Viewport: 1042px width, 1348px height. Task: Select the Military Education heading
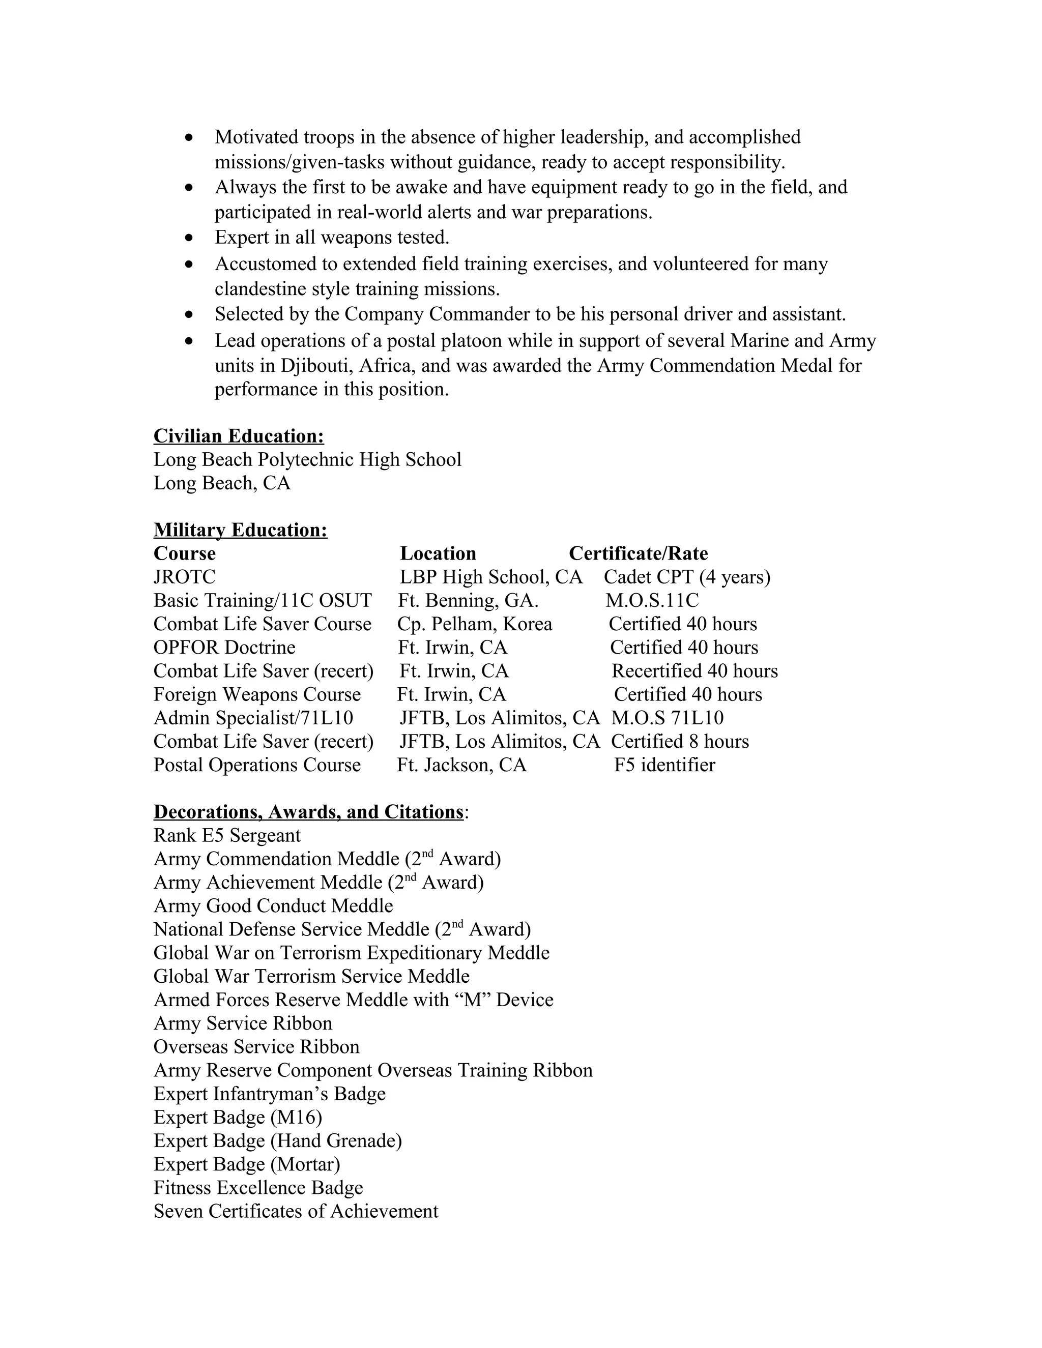click(x=240, y=530)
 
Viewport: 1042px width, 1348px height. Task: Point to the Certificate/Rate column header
click(x=639, y=553)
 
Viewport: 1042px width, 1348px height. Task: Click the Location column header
click(x=438, y=553)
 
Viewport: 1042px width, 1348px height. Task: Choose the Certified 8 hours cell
click(x=680, y=741)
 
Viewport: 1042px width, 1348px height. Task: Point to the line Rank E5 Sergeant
click(x=227, y=835)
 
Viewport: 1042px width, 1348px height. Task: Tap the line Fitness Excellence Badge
click(x=258, y=1188)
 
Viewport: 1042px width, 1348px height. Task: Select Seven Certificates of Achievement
click(x=296, y=1211)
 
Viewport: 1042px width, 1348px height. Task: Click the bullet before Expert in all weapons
click(x=189, y=238)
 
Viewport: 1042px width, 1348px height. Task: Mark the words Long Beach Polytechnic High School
click(x=307, y=459)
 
